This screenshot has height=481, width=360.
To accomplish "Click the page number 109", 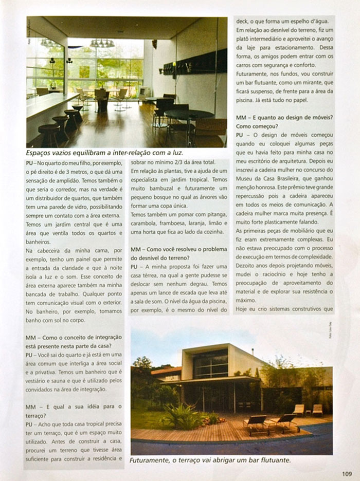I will [346, 474].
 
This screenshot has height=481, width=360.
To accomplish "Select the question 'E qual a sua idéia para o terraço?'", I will [75, 411].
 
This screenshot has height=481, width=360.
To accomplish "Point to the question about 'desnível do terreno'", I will [178, 253].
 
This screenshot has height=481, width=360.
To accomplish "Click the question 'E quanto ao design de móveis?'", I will [284, 121].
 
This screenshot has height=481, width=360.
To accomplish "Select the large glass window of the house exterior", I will [210, 364].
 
